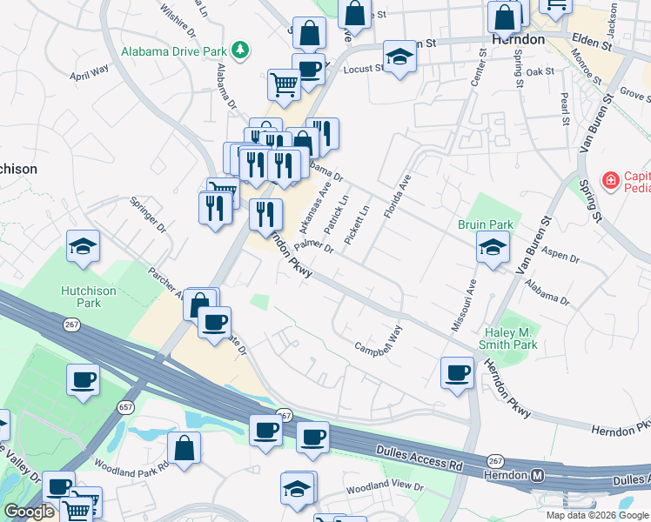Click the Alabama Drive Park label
coord(173,51)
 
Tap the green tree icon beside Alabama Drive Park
coord(245,51)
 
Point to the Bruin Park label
coord(486,224)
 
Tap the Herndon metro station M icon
coord(537,475)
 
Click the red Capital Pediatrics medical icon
coord(611,181)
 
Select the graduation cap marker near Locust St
coord(399,57)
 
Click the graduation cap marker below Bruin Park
coord(493,249)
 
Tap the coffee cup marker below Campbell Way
coord(458,374)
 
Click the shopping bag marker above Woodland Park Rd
coord(185,449)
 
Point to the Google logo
coord(29,512)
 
